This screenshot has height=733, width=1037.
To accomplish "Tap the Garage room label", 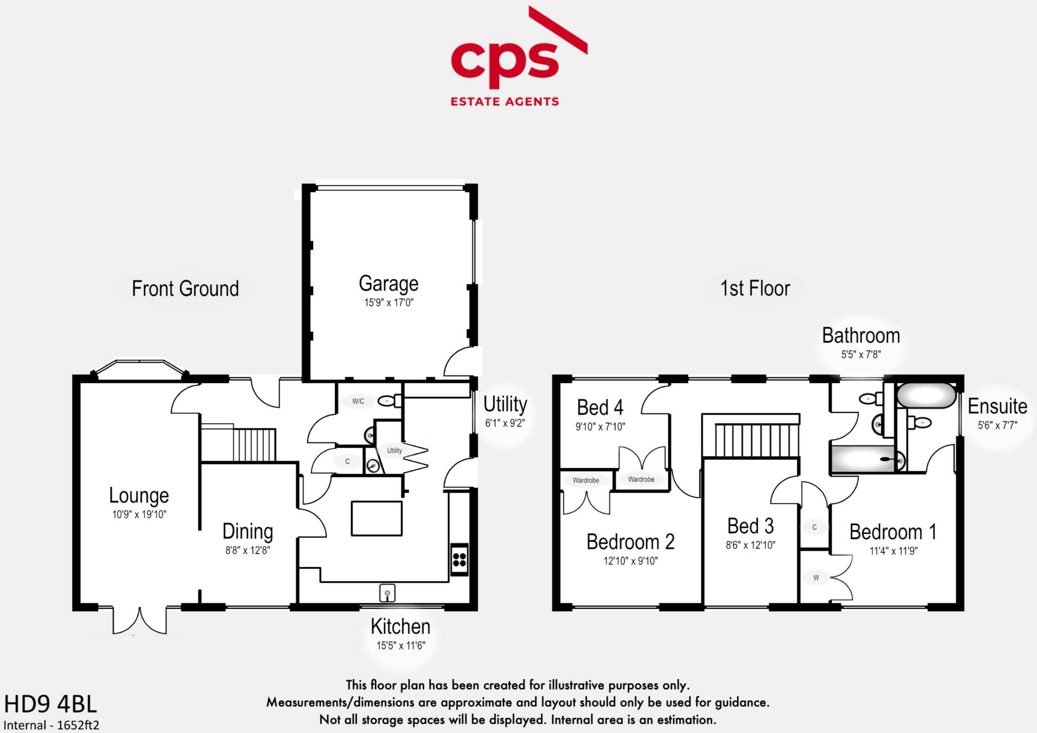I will tap(388, 284).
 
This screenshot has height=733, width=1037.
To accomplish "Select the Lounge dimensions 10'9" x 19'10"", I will tap(139, 514).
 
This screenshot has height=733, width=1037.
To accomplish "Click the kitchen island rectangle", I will tap(376, 518).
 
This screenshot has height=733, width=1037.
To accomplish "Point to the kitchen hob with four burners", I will tap(459, 559).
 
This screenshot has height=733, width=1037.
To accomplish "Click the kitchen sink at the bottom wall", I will tap(387, 593).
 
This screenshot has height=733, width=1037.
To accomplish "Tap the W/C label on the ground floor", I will tap(358, 401).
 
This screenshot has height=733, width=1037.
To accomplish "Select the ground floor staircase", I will tap(254, 444).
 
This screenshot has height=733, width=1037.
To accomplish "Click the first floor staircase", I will tap(756, 440).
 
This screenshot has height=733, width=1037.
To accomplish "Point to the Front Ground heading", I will tap(185, 289).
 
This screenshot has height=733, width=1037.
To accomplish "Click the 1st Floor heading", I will tap(755, 289).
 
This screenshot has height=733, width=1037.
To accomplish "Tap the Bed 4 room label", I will tap(600, 408).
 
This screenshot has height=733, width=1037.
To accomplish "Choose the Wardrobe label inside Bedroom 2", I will tap(585, 480).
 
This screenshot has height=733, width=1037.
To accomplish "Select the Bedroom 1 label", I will tap(893, 532).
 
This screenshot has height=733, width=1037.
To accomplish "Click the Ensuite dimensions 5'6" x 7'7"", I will tap(997, 425).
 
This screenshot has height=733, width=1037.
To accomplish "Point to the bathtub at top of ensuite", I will tap(926, 396).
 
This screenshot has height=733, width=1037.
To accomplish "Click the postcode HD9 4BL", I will tap(51, 704).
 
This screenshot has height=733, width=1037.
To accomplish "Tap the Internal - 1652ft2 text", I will tap(51, 725).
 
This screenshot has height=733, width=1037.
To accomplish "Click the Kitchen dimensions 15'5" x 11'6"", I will tap(401, 646).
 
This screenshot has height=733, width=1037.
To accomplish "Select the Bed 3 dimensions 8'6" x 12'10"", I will tap(750, 545).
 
